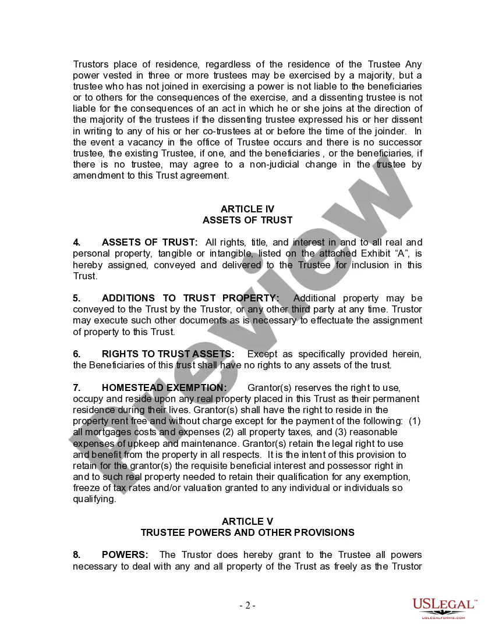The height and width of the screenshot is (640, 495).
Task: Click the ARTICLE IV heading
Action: [x=247, y=209]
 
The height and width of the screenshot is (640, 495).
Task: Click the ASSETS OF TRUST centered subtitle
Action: [x=247, y=220]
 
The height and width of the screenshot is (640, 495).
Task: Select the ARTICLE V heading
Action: [x=247, y=521]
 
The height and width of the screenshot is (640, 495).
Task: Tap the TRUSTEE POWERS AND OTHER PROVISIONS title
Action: [x=247, y=532]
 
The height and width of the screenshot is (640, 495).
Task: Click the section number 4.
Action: [x=76, y=242]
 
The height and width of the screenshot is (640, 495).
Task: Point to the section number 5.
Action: [x=76, y=298]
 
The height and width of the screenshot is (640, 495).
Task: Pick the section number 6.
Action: [x=76, y=354]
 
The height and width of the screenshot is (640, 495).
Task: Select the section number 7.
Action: [x=76, y=387]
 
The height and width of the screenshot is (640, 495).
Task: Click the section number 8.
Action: [x=76, y=554]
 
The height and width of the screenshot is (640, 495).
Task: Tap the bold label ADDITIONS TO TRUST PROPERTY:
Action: [x=190, y=298]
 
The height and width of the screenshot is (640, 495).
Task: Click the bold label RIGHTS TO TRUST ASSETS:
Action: [x=168, y=354]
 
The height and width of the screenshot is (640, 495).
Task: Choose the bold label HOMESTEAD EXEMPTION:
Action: [x=164, y=387]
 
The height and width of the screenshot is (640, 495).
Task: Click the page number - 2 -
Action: [x=248, y=605]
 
